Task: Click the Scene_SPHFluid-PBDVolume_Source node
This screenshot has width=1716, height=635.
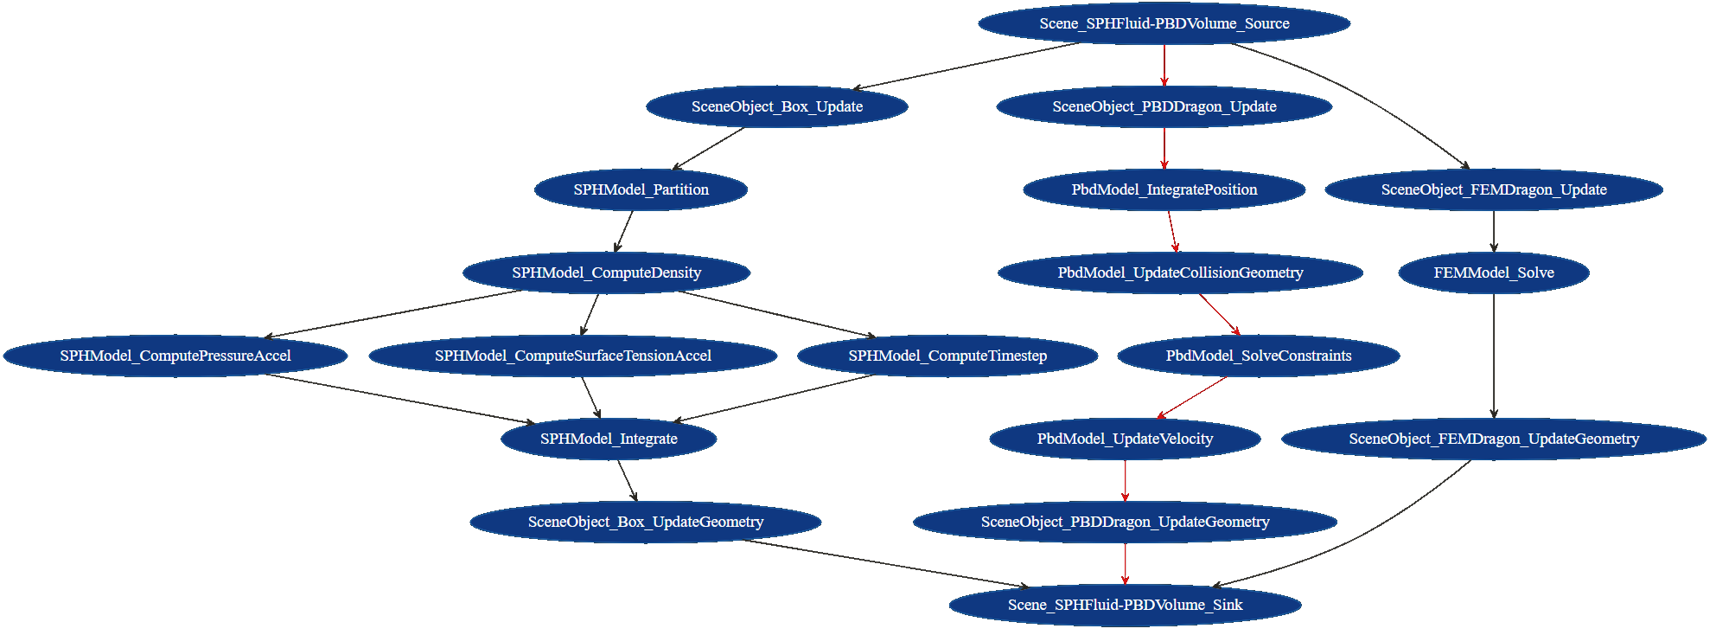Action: coord(1164,23)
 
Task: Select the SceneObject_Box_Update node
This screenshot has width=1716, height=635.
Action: coord(776,106)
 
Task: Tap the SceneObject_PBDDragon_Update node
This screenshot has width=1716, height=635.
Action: coord(1164,106)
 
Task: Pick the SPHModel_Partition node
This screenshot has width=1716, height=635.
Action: coord(641,189)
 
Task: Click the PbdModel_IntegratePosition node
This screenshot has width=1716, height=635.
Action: coord(1164,189)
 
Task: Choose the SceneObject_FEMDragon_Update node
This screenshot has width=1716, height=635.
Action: coord(1493,189)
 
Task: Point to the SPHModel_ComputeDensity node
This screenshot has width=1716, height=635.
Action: coord(606,273)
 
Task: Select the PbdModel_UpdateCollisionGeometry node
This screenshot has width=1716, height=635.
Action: coord(1180,273)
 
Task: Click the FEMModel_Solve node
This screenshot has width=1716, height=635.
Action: coord(1493,273)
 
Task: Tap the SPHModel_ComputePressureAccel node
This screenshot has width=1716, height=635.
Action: coord(175,356)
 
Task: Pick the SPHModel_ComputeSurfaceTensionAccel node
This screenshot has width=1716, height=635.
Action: coord(572,356)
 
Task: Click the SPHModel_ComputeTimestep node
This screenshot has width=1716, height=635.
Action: coord(947,356)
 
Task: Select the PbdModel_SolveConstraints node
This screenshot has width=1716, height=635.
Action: coord(1258,356)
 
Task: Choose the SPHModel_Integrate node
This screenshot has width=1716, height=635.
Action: coord(609,439)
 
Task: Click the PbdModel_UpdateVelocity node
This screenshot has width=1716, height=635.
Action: coord(1125,439)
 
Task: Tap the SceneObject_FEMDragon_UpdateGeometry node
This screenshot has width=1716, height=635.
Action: coord(1493,439)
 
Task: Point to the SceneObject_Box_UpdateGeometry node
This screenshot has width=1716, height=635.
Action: coord(645,522)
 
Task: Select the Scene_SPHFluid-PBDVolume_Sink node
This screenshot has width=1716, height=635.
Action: coord(1125,605)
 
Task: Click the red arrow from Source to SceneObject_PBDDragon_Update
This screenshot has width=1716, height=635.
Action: coord(1164,64)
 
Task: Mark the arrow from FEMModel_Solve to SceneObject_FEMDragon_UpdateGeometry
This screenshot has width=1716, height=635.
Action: coord(1493,355)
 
